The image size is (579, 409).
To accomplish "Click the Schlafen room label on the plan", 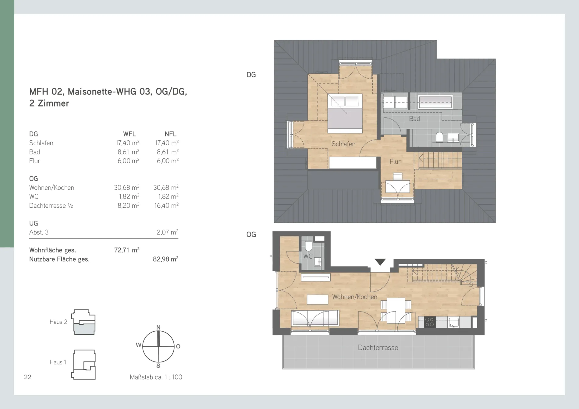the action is (x=343, y=144).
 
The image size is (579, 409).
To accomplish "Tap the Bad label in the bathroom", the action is (x=414, y=119).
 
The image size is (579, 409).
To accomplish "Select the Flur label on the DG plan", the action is (x=395, y=162).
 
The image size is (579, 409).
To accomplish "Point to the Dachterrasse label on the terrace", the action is (x=378, y=347).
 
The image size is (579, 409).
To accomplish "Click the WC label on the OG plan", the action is (x=308, y=256).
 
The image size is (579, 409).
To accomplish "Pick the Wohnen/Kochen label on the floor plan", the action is (x=355, y=297).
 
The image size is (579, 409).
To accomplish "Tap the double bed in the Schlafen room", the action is (x=345, y=113).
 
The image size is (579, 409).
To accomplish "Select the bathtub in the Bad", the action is (x=435, y=102).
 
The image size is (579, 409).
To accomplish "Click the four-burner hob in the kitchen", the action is (x=429, y=322).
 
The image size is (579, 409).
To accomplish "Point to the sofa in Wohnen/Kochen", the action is (x=315, y=318).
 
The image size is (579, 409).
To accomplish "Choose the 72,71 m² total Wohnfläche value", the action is (x=127, y=250).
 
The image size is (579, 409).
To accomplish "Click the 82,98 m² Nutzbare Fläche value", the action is (x=165, y=259).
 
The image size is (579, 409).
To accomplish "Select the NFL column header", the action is (x=170, y=134).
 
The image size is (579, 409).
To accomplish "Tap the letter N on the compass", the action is (x=158, y=327).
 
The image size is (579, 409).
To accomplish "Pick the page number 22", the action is (x=28, y=377).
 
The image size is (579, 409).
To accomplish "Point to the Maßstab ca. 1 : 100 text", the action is (x=156, y=377).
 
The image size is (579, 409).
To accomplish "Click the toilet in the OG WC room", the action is (x=308, y=246).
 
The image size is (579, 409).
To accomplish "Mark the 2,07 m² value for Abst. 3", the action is (x=168, y=232).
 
